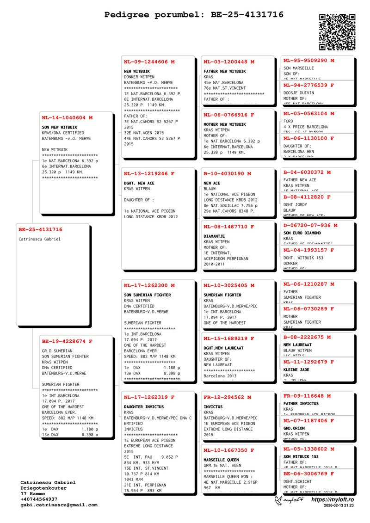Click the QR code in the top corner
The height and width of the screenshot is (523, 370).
tap(337, 31)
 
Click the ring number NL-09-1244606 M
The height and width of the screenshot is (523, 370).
tap(149, 62)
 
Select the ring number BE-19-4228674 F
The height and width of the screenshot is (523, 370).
tap(67, 341)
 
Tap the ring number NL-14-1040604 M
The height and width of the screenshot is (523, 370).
tap(67, 117)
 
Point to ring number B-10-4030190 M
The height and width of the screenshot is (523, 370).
tap(227, 173)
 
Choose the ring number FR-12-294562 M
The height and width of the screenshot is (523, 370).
tap(227, 397)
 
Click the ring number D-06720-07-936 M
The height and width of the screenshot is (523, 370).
tap(310, 225)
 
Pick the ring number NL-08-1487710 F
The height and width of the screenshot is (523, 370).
tap(228, 227)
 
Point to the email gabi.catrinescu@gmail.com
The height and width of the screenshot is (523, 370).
tap(59, 505)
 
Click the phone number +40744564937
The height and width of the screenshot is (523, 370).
tap(39, 499)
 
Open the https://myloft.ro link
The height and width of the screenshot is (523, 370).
tap(332, 500)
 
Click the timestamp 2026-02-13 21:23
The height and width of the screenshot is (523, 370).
tap(339, 506)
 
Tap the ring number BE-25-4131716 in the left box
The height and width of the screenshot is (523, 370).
tap(40, 229)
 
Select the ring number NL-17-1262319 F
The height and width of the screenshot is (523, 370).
tap(149, 397)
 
